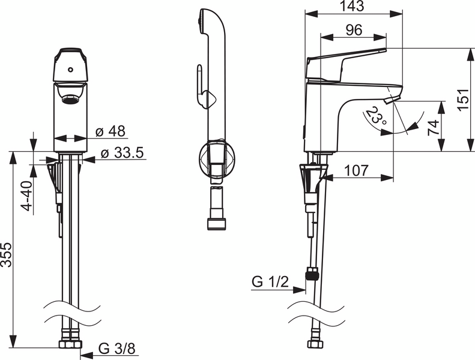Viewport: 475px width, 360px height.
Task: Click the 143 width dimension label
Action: [352, 7]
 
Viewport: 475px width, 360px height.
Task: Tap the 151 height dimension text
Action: [462, 99]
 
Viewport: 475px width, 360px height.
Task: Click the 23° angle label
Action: [377, 116]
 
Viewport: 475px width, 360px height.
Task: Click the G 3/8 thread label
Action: [116, 347]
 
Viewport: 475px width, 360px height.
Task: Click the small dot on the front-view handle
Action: [71, 69]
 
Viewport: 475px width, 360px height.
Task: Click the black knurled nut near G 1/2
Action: [311, 275]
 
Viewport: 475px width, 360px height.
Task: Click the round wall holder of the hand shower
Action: [217, 158]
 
